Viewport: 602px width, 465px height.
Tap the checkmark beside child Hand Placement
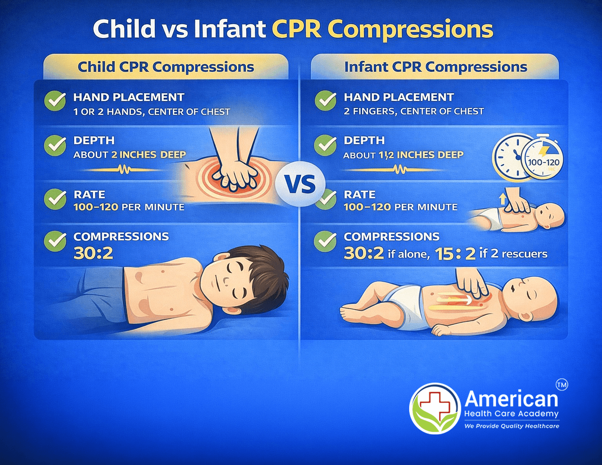point(55,101)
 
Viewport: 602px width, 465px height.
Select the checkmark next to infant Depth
point(325,145)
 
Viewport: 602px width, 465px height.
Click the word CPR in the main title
point(296,29)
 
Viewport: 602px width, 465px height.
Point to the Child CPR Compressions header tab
point(166,67)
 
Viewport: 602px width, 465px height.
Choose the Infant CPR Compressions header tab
point(435,67)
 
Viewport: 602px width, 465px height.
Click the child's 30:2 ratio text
point(93,253)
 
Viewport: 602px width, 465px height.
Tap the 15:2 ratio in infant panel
point(455,254)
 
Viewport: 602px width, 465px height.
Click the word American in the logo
point(511,399)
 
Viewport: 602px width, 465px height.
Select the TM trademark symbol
point(562,385)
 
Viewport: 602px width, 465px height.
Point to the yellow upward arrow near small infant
point(502,199)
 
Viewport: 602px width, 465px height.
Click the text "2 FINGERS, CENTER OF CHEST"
point(413,112)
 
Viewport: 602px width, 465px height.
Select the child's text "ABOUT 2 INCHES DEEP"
point(129,155)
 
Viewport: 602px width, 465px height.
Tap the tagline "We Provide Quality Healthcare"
point(511,426)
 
